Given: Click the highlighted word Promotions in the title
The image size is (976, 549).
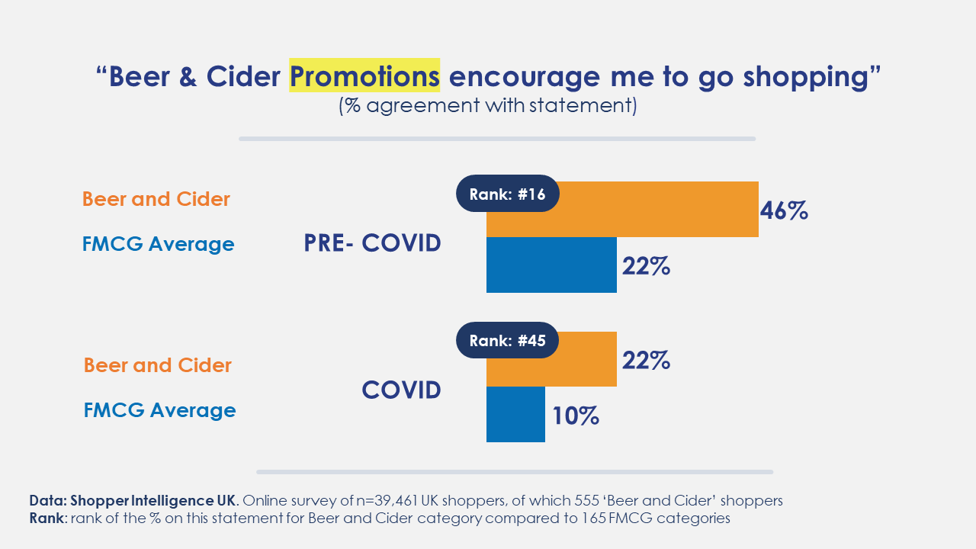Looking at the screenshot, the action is [364, 75].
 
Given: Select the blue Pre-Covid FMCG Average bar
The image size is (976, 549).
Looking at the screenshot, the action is [551, 265].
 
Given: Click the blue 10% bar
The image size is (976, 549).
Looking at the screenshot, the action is [515, 414].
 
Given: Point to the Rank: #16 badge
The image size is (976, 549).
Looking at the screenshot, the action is [508, 194].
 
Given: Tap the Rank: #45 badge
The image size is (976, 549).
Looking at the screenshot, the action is [508, 340].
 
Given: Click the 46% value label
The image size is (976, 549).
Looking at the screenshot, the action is [784, 211].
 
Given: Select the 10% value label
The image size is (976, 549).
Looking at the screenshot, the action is [576, 416].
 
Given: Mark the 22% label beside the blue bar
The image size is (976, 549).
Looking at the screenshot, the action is [646, 266].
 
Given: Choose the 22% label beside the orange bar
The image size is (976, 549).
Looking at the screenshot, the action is [646, 361].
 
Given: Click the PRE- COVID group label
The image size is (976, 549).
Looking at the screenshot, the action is [373, 243].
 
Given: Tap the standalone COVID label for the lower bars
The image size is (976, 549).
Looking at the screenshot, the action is [401, 390].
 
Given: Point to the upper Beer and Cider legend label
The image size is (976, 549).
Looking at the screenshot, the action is [156, 199].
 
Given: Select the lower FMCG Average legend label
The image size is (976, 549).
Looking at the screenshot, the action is [159, 410].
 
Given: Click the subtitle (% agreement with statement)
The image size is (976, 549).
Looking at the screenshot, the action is [487, 106].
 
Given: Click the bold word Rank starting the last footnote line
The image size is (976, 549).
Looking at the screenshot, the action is [47, 518].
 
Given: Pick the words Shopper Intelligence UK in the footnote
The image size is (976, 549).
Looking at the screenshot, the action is [153, 501].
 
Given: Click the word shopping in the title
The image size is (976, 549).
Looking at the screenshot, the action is [807, 78].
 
